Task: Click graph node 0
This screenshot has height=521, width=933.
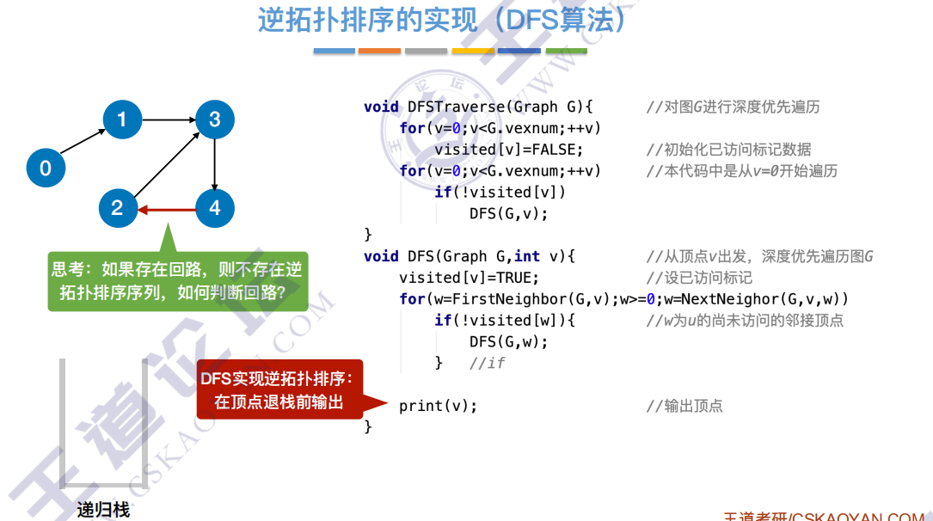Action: tap(46, 168)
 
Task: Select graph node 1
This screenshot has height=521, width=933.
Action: tap(122, 120)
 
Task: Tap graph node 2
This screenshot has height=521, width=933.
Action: tap(117, 208)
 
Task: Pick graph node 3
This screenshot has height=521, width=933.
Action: tap(215, 120)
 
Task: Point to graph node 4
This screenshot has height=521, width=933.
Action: tap(215, 208)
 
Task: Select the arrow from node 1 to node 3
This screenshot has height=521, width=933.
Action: tap(169, 120)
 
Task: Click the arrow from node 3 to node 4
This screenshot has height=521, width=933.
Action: tap(215, 163)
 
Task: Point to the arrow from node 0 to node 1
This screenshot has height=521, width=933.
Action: tap(83, 144)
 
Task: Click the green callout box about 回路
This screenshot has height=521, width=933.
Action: tap(179, 281)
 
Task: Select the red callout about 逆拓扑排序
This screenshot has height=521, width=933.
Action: tap(280, 389)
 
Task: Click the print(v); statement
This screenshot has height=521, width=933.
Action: tap(438, 406)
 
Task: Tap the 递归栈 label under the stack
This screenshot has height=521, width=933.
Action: tap(103, 510)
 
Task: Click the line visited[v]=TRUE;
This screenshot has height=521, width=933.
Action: tap(469, 278)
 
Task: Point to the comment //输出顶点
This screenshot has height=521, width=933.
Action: tap(684, 406)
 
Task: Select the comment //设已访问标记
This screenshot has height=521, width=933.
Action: tap(699, 278)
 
